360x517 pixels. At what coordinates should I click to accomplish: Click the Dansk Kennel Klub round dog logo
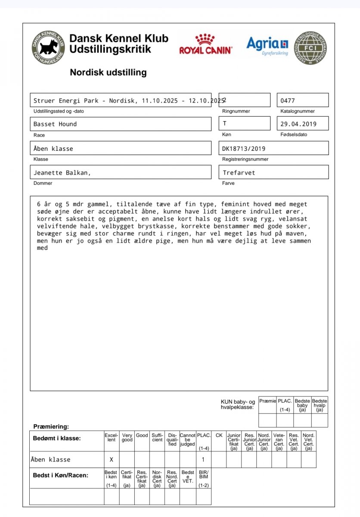click(48, 47)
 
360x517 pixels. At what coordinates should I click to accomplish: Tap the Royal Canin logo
click(205, 44)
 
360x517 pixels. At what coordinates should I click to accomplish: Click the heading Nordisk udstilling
click(108, 72)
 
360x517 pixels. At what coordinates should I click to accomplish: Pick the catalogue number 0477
click(288, 101)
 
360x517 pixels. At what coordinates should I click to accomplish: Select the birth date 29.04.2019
click(298, 124)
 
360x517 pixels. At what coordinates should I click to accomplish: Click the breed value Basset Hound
click(55, 124)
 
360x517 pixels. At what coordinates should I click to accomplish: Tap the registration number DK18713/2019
click(244, 149)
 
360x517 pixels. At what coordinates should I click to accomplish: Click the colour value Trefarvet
click(239, 173)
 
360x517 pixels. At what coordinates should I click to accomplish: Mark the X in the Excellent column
click(112, 460)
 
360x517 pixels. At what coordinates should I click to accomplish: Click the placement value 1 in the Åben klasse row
click(203, 460)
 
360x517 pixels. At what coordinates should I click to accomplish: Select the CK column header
click(219, 436)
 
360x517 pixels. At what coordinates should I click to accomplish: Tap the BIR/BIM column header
click(203, 475)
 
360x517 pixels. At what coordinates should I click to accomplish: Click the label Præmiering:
click(51, 427)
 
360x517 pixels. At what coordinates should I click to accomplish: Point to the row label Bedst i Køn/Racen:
click(61, 476)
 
